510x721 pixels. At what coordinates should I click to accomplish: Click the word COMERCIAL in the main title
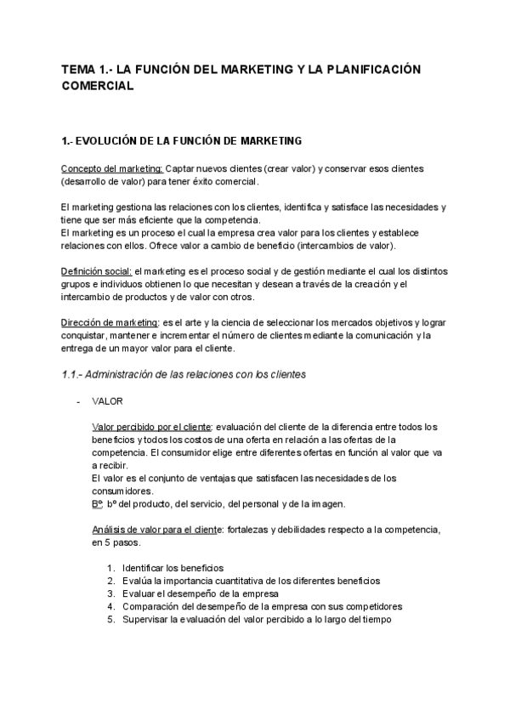click(99, 86)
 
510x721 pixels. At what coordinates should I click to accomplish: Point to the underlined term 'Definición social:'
click(96, 271)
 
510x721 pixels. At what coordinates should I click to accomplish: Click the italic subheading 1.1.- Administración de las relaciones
click(184, 375)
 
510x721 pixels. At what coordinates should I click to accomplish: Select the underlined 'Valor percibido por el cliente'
click(151, 426)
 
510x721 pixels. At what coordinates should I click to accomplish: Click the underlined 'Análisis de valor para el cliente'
click(153, 530)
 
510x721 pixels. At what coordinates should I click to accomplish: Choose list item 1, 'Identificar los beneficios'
click(161, 567)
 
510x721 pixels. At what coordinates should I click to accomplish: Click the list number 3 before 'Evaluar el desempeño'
click(111, 593)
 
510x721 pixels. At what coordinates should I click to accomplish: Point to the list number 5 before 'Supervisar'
click(111, 619)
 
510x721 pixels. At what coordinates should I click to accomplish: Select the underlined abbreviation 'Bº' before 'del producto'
click(97, 503)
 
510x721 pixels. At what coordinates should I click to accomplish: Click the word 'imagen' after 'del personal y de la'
click(327, 504)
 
